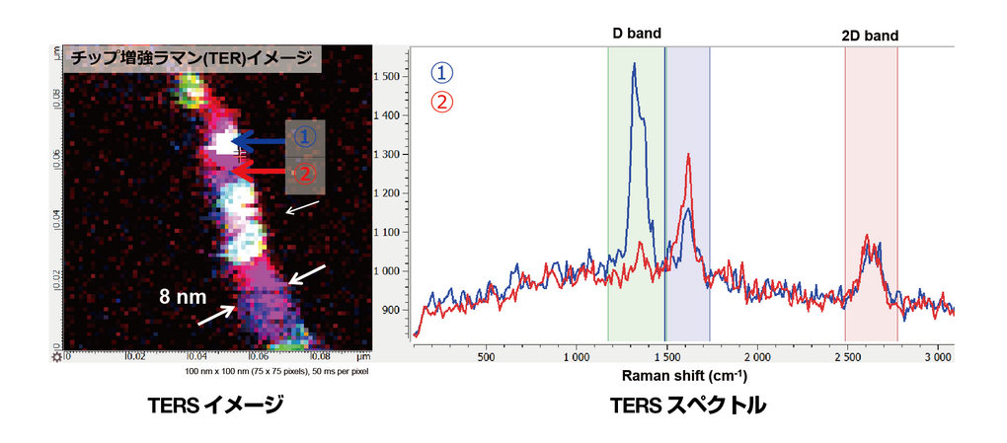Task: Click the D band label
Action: click(x=636, y=34)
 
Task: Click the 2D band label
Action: click(x=870, y=35)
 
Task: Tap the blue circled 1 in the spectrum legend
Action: click(x=442, y=73)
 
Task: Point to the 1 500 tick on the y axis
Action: click(x=391, y=77)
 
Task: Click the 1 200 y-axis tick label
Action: click(x=391, y=193)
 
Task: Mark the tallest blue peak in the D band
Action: click(x=634, y=64)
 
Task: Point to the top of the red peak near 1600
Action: click(x=687, y=155)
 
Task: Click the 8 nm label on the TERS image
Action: click(x=185, y=294)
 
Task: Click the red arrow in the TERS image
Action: click(x=267, y=173)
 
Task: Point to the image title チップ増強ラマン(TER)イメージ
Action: click(x=191, y=58)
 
